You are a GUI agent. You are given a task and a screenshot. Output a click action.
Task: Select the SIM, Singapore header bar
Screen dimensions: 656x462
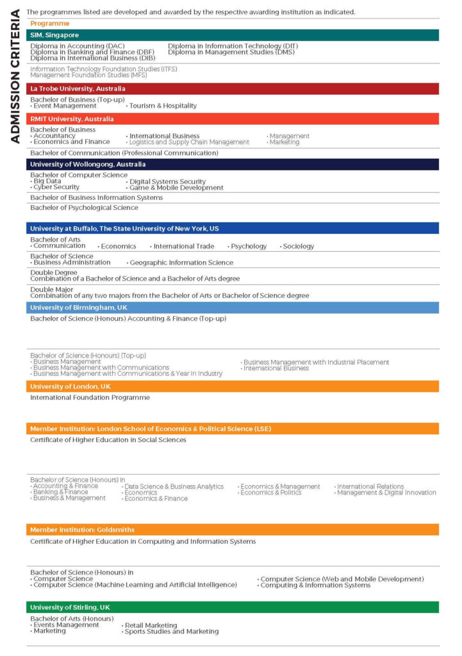[x=232, y=35]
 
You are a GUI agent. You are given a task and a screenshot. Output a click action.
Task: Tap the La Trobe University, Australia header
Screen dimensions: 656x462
[x=232, y=88]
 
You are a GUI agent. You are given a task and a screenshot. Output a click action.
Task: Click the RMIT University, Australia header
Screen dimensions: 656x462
[x=232, y=119]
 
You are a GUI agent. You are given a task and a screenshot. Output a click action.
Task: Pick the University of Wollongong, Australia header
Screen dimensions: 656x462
[x=232, y=164]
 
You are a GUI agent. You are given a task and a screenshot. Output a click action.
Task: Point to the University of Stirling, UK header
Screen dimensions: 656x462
[x=232, y=607]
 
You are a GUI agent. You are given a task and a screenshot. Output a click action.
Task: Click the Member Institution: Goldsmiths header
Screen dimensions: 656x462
[x=232, y=530]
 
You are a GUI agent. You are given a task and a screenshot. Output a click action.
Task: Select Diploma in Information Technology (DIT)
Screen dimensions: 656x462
[x=233, y=46]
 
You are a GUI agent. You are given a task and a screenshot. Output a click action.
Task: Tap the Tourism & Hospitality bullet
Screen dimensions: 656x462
[x=163, y=106]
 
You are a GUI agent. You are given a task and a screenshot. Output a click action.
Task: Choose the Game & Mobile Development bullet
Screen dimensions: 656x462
[x=176, y=188]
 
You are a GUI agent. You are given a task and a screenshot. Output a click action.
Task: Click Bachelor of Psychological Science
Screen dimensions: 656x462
[x=84, y=208]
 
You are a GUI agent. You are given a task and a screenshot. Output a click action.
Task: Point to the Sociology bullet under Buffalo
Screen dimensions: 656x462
[x=298, y=246]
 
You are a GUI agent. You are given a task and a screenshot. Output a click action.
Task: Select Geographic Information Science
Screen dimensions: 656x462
[x=181, y=263]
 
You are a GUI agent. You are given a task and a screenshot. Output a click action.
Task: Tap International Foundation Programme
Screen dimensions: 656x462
[x=90, y=397]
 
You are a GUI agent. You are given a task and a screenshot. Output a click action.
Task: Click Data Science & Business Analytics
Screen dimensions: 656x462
[x=174, y=487]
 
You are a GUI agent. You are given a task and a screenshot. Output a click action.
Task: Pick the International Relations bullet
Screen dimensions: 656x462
[x=370, y=487]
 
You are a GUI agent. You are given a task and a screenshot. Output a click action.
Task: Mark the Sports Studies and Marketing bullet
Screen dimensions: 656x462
[x=172, y=632]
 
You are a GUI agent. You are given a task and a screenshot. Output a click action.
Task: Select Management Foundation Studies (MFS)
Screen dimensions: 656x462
[x=88, y=75]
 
